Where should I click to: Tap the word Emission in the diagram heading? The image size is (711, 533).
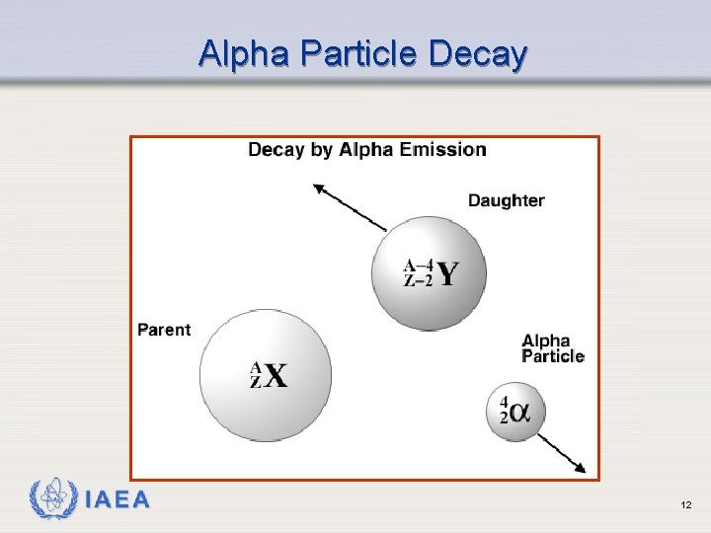point(440,150)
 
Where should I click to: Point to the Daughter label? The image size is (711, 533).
point(506,200)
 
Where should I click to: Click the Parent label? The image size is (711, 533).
point(164,330)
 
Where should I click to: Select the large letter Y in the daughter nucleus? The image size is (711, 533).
point(447,273)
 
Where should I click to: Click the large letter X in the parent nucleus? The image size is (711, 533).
point(276,376)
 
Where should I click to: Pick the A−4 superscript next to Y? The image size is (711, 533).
point(418,265)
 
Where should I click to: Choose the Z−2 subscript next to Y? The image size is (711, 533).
point(418,280)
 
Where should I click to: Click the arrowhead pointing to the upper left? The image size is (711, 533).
point(318,188)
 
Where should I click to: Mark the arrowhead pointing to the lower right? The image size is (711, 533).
point(581,467)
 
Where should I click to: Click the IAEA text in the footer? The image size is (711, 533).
point(118,500)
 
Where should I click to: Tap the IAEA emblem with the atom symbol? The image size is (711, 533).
point(52,500)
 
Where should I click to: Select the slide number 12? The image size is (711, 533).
point(685,505)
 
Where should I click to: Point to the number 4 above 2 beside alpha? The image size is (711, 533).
point(504,403)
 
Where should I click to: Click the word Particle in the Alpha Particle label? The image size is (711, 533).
point(553,356)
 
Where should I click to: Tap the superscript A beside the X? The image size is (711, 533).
point(256,367)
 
